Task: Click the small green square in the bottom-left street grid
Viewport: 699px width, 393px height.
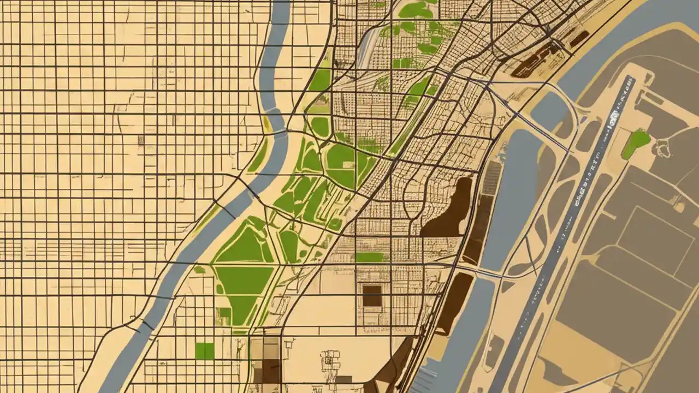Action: coord(205,351)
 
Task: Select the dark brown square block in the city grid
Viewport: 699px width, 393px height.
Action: coord(372,296)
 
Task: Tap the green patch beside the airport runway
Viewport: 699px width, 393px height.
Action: coord(636,143)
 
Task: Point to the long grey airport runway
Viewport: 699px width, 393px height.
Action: coord(568,229)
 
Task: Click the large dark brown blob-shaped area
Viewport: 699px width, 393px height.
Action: coord(449,210)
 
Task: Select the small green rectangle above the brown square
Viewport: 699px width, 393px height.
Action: coord(370,257)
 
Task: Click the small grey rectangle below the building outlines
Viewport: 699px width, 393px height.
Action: coord(343,379)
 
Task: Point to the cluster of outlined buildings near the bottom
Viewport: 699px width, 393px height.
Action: coord(330,360)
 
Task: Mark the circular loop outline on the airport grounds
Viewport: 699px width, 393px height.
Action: coord(664,147)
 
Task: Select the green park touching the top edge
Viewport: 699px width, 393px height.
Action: coord(416,9)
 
